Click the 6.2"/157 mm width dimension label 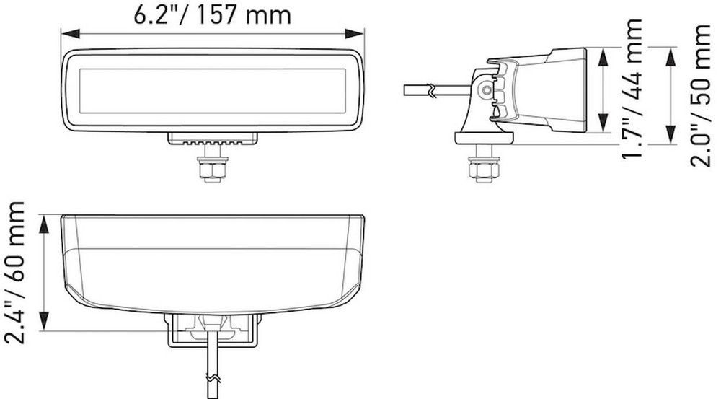point(213,14)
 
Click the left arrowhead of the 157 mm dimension point(67,32)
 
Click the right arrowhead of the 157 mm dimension point(358,32)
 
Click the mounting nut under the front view point(212,170)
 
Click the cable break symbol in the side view point(431,90)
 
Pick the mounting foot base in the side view point(483,137)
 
